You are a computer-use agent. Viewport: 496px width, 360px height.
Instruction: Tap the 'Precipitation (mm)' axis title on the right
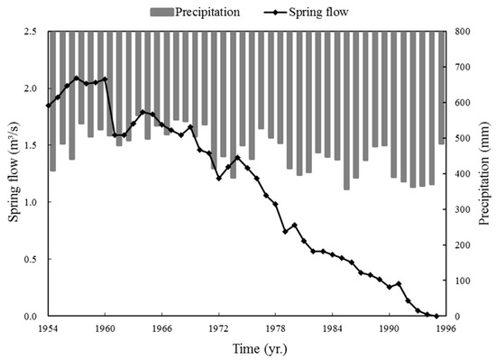click(485, 173)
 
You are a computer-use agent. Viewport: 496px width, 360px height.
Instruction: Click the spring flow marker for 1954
click(48, 106)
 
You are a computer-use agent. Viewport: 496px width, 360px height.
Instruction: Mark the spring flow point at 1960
click(105, 78)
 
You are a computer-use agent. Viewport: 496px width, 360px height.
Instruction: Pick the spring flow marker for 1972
click(218, 179)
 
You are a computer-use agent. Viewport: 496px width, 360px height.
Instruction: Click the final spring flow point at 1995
click(436, 316)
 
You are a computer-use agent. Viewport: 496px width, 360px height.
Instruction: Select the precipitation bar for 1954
click(53, 101)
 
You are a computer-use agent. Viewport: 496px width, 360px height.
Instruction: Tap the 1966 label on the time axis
click(161, 328)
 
